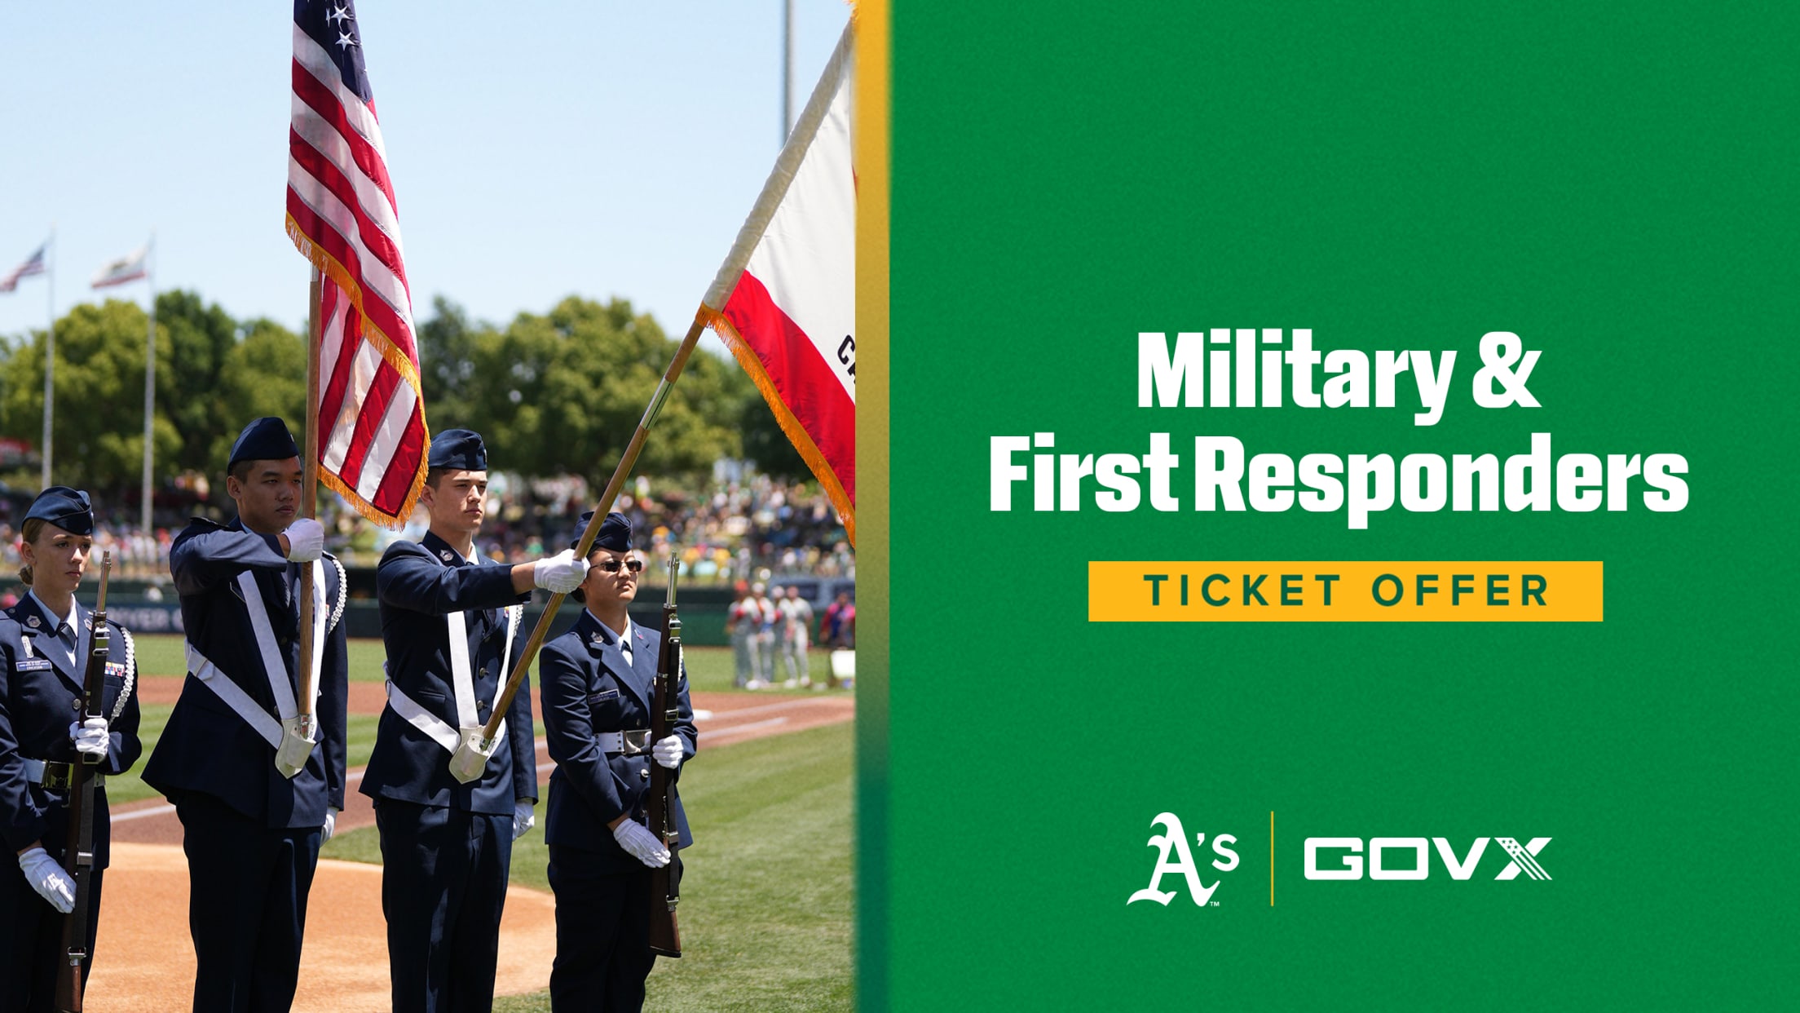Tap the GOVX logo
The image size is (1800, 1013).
pyautogui.click(x=1427, y=859)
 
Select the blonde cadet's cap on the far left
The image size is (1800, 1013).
pyautogui.click(x=59, y=509)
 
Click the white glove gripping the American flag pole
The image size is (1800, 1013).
pyautogui.click(x=305, y=539)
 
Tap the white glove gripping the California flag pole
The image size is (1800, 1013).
pyautogui.click(x=561, y=570)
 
